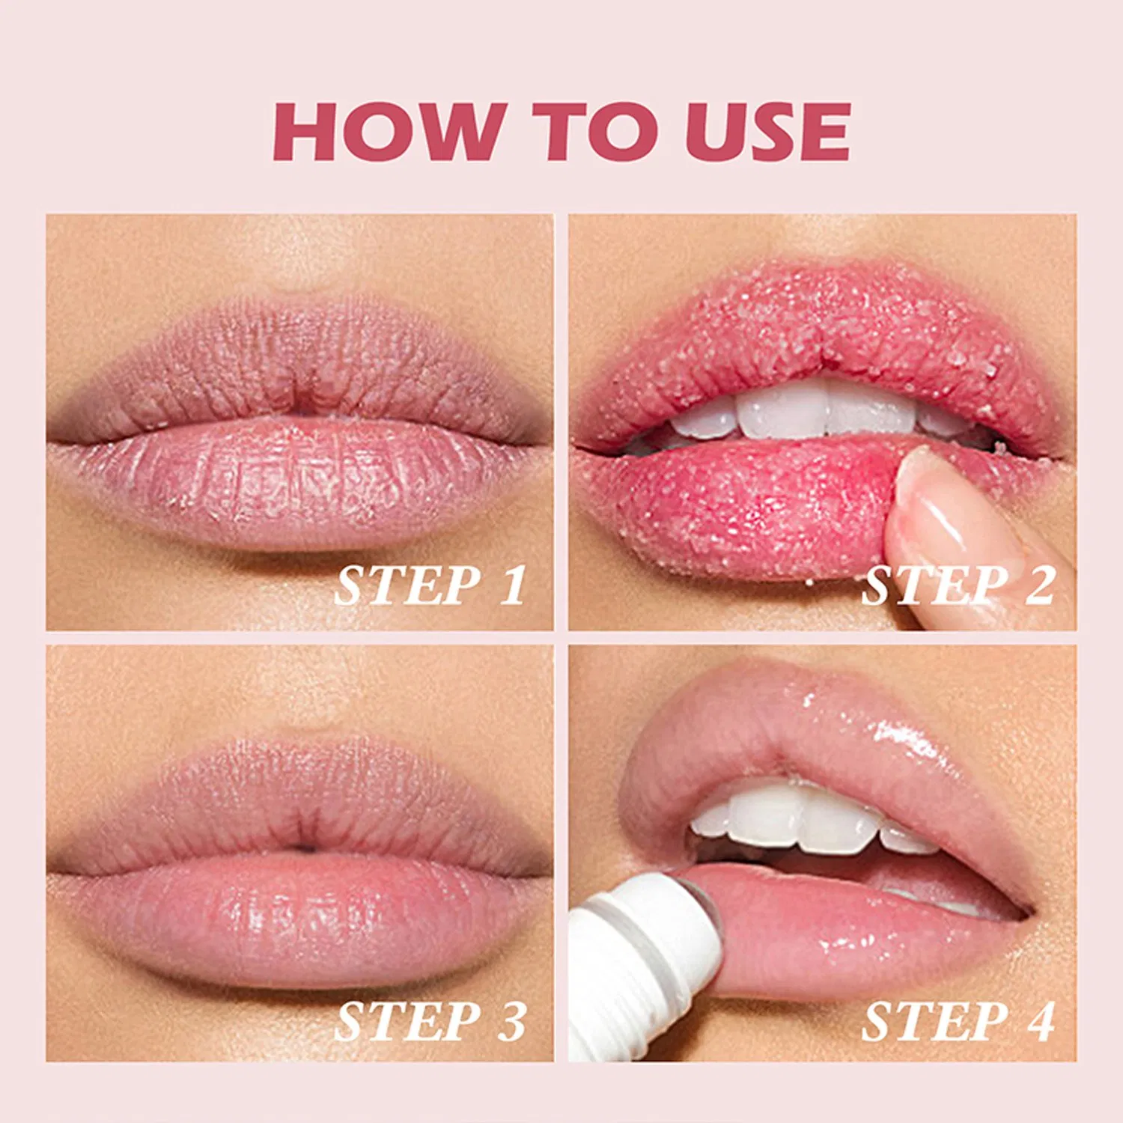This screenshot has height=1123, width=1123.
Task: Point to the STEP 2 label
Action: coord(958,585)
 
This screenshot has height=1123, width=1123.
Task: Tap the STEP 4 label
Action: coord(958,1020)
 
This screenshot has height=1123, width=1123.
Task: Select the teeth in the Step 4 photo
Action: coord(801,824)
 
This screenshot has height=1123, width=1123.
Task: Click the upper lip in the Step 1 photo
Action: coord(299,359)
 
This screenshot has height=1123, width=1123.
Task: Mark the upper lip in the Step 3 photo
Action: coord(299,794)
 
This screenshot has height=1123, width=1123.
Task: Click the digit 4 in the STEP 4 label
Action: coord(1040,1020)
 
